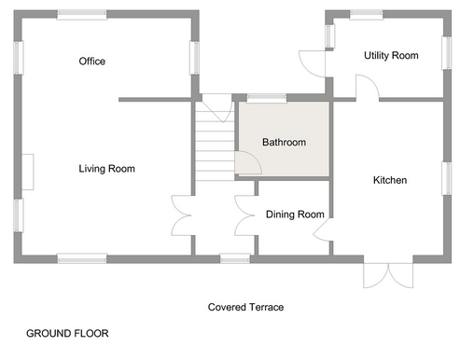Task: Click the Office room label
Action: point(92,62)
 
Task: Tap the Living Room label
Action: point(106,169)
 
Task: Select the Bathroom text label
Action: point(284,143)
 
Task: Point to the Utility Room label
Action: point(391,56)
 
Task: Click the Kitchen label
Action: point(390,180)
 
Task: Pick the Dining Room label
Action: point(295,215)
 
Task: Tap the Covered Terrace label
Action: point(245,307)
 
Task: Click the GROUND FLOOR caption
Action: point(67,334)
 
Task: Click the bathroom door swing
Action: point(248,162)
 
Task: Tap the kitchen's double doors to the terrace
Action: point(388,275)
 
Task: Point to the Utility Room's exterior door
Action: point(313,63)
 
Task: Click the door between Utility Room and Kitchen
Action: point(368,88)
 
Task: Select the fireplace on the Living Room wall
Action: point(28,172)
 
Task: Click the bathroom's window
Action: point(267,98)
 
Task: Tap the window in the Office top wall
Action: point(82,15)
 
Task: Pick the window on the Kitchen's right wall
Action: point(447,178)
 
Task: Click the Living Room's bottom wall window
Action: point(82,258)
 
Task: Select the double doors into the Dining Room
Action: point(244,215)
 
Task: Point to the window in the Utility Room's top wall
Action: point(367,15)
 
